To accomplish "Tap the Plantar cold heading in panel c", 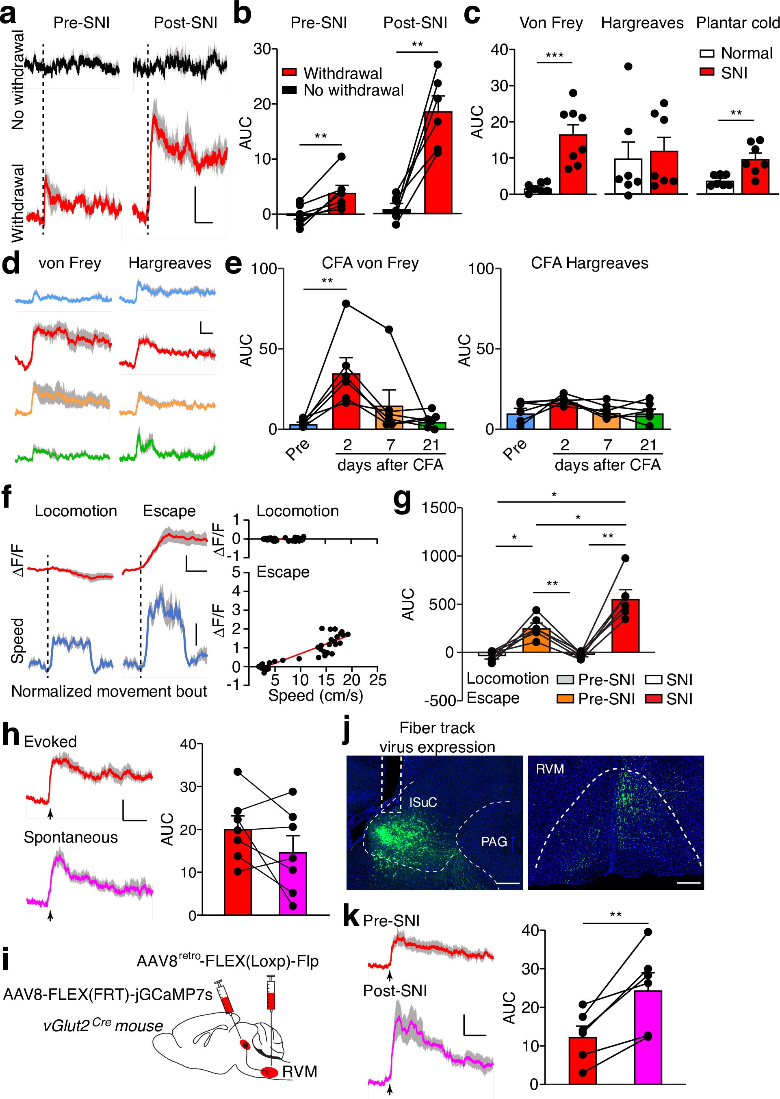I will click(737, 23).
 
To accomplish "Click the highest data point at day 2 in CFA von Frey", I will click(346, 303).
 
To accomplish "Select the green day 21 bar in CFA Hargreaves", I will click(649, 421).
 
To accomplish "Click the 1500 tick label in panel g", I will click(438, 508).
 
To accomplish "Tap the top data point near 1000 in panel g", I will click(625, 558).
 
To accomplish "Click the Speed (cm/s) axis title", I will click(315, 695).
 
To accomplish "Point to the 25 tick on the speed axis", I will click(377, 680).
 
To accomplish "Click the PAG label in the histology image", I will click(494, 841).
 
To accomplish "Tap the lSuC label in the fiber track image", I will click(422, 802).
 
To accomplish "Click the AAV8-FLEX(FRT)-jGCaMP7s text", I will click(108, 994).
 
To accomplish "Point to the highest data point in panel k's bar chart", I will click(648, 932).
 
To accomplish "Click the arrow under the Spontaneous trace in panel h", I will click(50, 915).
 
